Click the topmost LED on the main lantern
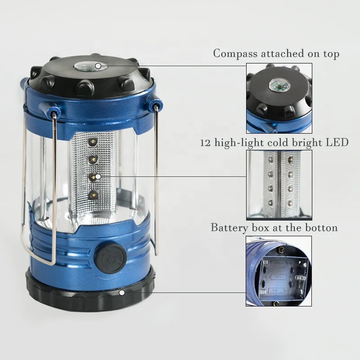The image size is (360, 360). (93, 142)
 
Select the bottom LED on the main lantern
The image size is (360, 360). (93, 194)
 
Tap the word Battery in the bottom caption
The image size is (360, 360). (229, 228)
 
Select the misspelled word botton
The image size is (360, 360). (321, 228)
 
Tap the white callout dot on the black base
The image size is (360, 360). (121, 292)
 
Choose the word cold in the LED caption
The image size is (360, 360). (274, 143)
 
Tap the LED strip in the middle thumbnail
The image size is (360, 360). (279, 184)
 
